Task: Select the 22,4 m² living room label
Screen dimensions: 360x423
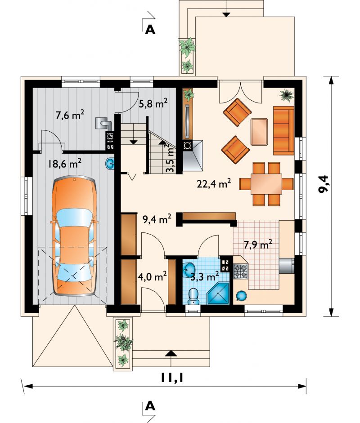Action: click(x=214, y=184)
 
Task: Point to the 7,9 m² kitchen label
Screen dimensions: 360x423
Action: click(x=258, y=245)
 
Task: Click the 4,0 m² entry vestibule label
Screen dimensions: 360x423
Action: click(x=152, y=277)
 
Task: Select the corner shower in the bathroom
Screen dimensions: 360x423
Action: click(x=218, y=294)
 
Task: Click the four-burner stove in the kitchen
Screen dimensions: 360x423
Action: click(x=240, y=272)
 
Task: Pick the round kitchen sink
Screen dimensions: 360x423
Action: click(x=241, y=296)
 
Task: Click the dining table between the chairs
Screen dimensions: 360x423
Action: click(x=266, y=184)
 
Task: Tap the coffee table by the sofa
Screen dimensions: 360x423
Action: click(x=259, y=132)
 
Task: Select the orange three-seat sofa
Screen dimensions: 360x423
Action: click(x=283, y=130)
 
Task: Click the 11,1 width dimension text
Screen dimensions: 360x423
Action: click(x=172, y=378)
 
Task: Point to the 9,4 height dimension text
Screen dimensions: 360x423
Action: click(x=323, y=184)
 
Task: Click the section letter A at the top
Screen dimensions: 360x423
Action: click(x=150, y=30)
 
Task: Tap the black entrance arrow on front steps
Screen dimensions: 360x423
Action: click(x=170, y=354)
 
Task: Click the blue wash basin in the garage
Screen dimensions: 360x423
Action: click(x=110, y=164)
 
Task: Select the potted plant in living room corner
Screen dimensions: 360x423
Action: click(x=286, y=95)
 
